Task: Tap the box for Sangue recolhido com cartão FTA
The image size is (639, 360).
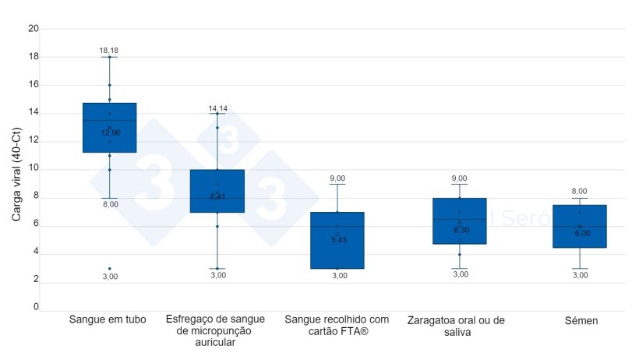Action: [337, 240]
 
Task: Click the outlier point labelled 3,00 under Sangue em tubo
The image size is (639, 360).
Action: [109, 268]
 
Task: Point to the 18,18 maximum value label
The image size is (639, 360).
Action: [109, 51]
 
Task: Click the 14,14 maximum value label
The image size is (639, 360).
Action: [217, 108]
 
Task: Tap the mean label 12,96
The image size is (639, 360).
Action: [110, 132]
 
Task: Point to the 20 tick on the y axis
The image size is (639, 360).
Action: [34, 29]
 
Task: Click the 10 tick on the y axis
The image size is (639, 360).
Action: [34, 169]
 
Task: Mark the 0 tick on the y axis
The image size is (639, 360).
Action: [36, 307]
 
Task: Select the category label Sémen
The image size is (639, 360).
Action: [581, 320]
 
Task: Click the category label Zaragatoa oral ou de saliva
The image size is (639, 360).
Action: [460, 326]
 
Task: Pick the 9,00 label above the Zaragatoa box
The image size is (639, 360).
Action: [460, 178]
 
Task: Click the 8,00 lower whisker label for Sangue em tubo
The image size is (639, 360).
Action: [110, 204]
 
